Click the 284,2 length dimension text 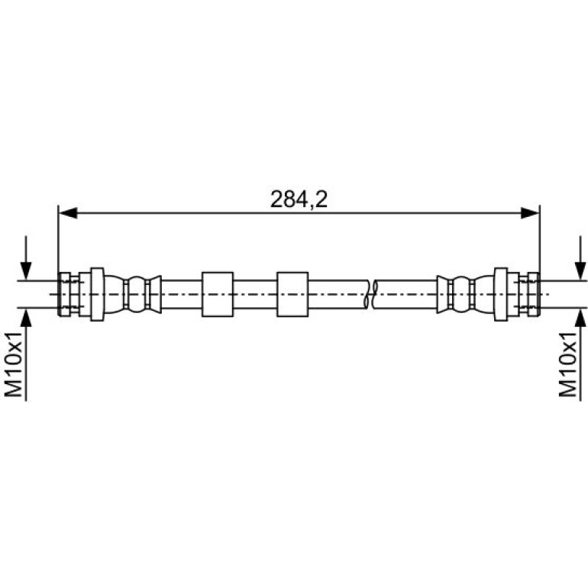click(299, 199)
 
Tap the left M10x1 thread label click(14, 363)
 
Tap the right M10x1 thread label click(567, 363)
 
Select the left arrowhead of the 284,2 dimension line click(68, 213)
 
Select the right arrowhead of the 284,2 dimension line click(530, 213)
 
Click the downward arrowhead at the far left click(26, 271)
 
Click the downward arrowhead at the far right click(580, 271)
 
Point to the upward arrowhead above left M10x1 click(26, 317)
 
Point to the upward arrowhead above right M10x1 click(580, 317)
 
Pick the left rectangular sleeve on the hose click(218, 294)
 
